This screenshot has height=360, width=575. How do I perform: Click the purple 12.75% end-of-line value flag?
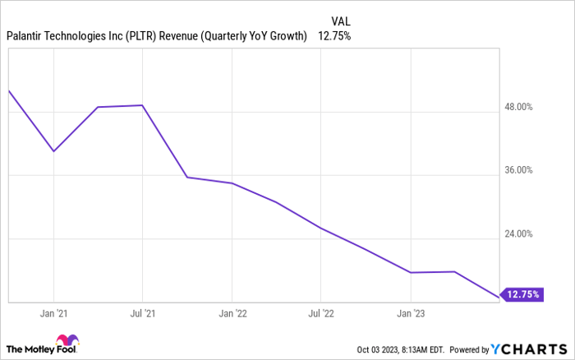(x=522, y=294)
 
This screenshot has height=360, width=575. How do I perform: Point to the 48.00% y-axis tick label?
(x=517, y=107)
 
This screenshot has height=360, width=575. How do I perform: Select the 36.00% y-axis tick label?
(x=517, y=170)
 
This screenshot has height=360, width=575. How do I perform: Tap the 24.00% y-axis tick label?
(x=517, y=234)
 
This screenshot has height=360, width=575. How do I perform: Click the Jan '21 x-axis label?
(x=54, y=313)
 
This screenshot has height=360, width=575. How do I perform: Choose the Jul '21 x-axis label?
(x=144, y=313)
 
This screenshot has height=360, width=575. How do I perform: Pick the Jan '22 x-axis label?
(x=232, y=313)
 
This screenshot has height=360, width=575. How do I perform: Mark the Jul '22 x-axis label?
(x=321, y=313)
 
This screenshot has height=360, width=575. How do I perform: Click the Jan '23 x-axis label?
(x=411, y=313)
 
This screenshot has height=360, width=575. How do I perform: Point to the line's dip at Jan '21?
(x=53, y=151)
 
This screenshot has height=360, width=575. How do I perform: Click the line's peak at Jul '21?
(x=143, y=105)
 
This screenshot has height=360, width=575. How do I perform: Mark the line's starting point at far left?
(x=8, y=90)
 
